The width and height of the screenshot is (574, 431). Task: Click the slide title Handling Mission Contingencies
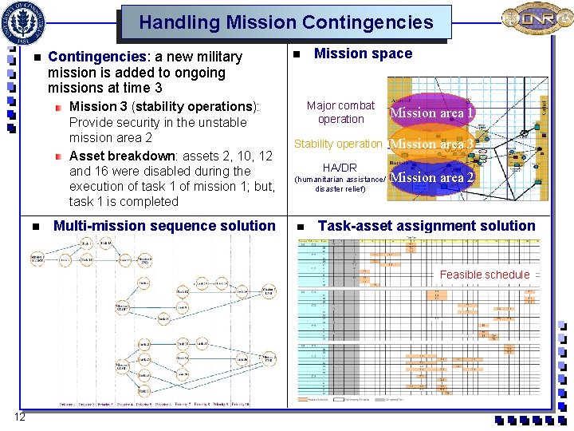(x=286, y=22)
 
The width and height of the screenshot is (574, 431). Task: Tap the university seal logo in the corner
(x=25, y=22)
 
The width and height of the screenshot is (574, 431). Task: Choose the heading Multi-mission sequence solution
(x=163, y=226)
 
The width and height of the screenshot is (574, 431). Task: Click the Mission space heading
(x=363, y=53)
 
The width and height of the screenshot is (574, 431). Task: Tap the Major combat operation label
(x=340, y=113)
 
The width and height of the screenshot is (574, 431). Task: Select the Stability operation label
(x=338, y=144)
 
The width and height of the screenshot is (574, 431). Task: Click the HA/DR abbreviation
(x=340, y=168)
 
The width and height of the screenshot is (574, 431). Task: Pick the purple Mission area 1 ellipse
(x=431, y=113)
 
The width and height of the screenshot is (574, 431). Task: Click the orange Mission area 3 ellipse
(x=431, y=144)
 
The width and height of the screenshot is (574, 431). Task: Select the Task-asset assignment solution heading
(x=427, y=226)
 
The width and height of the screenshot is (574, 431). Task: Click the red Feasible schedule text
(x=484, y=275)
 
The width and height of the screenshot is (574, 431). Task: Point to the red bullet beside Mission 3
(x=59, y=107)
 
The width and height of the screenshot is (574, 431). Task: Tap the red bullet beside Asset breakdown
(x=59, y=156)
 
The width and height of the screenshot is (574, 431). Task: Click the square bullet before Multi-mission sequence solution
(x=36, y=227)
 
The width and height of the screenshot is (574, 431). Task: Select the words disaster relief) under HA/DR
(x=340, y=189)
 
